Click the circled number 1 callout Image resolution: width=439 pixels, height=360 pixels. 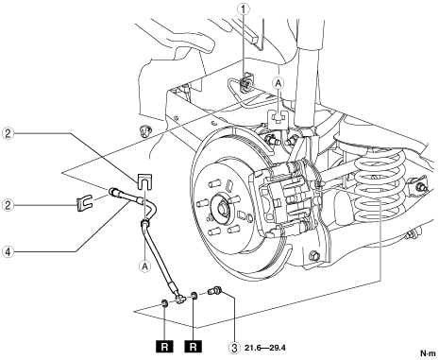(244, 9)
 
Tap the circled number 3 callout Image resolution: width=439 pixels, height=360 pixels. (234, 348)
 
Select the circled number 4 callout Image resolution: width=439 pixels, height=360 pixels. (8, 252)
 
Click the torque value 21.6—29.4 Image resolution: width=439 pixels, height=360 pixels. (264, 348)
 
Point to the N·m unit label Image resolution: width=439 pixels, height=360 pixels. (428, 353)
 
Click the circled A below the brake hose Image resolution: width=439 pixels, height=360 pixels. (144, 266)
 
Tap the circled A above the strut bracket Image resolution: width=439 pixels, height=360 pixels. (279, 83)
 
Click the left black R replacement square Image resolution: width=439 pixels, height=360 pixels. (164, 347)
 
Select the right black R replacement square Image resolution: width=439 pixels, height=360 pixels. (194, 347)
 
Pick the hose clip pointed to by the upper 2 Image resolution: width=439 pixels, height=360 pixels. (144, 181)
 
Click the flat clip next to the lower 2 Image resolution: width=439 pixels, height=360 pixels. (84, 203)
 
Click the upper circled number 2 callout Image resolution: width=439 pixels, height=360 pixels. (8, 133)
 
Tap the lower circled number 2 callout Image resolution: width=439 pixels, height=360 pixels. (8, 206)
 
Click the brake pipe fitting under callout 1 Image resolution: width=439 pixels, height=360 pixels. (245, 82)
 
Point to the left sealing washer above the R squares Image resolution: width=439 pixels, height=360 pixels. (164, 303)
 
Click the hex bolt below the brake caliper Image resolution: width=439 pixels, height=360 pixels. (315, 255)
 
